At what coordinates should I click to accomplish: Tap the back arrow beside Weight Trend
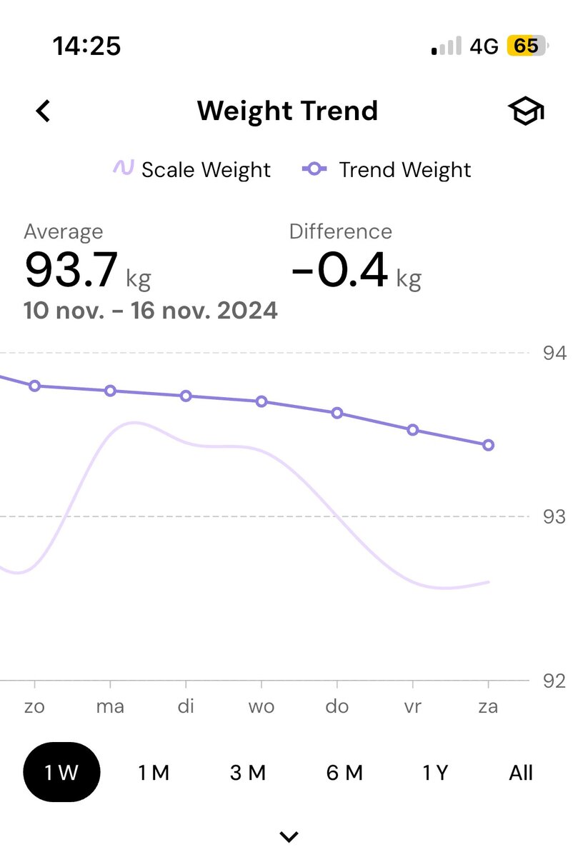tap(44, 111)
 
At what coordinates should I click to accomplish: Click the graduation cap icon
tap(526, 112)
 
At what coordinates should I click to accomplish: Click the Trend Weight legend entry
tap(387, 170)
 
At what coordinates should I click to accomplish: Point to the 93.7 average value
tap(71, 270)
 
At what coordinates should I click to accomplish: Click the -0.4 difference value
tap(339, 270)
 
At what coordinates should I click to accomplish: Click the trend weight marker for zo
tap(34, 386)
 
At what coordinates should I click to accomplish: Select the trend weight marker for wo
tap(261, 401)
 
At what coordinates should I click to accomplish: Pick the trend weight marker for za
tap(489, 445)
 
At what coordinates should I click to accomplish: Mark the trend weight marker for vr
tap(413, 430)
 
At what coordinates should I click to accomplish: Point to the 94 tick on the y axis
tap(554, 353)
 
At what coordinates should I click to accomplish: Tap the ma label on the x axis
tap(110, 707)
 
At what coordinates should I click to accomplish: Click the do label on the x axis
tap(337, 707)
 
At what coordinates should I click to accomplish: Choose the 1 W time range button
tap(61, 773)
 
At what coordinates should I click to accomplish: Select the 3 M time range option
tap(248, 773)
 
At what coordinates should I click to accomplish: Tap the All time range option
tap(521, 773)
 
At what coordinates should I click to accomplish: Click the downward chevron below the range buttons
tap(289, 836)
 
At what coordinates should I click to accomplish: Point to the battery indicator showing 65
tap(527, 46)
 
